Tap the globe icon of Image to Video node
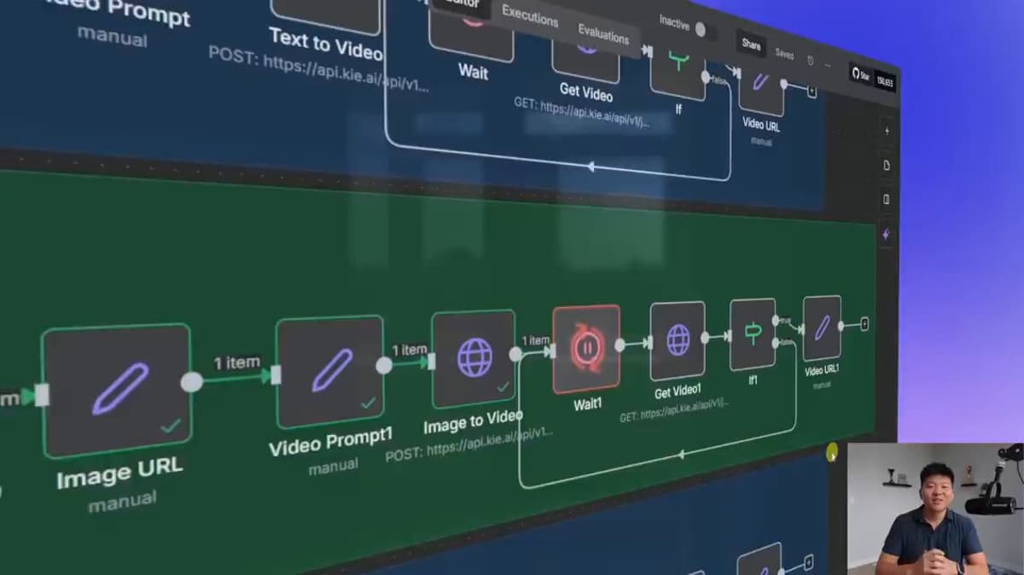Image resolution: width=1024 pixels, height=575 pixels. tap(474, 357)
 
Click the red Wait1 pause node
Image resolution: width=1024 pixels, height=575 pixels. tap(587, 348)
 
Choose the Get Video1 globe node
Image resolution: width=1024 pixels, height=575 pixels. tap(678, 340)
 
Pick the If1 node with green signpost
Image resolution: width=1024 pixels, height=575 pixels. tap(753, 334)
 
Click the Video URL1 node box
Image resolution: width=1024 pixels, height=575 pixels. tap(822, 328)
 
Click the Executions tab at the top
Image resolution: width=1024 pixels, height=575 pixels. tap(530, 15)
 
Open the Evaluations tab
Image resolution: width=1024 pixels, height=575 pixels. tap(603, 32)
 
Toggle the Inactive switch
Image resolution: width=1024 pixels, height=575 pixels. tap(701, 30)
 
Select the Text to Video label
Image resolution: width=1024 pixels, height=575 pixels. tap(325, 44)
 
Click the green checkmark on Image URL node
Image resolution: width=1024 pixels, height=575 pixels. tap(171, 425)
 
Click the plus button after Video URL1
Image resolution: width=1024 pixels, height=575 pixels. tap(864, 324)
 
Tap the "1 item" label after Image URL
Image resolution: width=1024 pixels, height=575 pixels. tap(236, 363)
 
